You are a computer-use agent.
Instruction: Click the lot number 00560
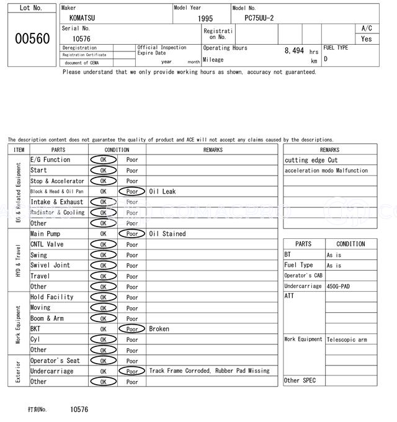[32, 38]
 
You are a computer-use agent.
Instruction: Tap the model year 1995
[205, 19]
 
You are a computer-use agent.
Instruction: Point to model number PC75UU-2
[264, 18]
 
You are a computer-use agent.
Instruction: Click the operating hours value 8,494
[294, 51]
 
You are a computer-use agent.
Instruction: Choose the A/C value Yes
[367, 38]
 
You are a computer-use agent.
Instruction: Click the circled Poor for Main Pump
[132, 234]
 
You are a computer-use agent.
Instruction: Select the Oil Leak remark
[163, 192]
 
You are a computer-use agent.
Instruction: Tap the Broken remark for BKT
[159, 329]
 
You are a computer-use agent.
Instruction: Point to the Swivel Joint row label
[50, 266]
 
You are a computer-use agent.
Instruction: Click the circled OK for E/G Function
[103, 160]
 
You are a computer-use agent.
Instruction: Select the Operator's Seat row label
[55, 361]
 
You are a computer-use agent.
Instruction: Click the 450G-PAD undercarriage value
[339, 287]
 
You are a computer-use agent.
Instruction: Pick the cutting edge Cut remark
[311, 160]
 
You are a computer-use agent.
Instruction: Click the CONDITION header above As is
[350, 245]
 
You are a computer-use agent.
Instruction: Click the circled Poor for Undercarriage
[132, 371]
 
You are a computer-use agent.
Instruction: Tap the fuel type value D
[326, 60]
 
